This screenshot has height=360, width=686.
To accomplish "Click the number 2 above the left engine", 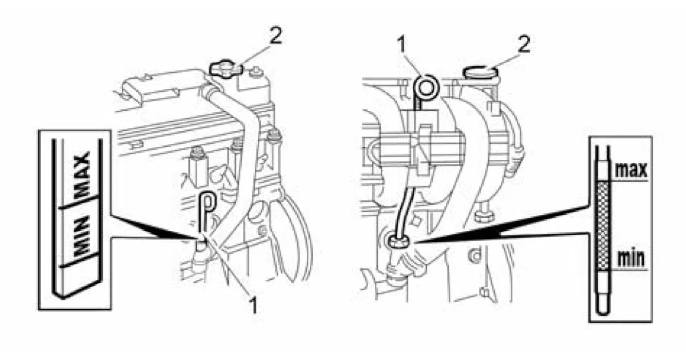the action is [276, 36].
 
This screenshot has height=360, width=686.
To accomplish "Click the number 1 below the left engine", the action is [253, 305].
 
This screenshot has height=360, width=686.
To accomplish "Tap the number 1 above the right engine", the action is [401, 45].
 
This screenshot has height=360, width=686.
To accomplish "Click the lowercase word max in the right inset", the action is [632, 169].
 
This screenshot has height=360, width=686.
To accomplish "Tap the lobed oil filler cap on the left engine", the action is [225, 69].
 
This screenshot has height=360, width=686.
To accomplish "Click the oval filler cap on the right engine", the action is [480, 72].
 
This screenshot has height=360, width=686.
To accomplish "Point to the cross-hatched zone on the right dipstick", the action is [603, 225].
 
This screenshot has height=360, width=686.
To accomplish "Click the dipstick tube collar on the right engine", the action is [398, 241].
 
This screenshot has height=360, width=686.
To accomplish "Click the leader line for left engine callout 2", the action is [255, 56].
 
